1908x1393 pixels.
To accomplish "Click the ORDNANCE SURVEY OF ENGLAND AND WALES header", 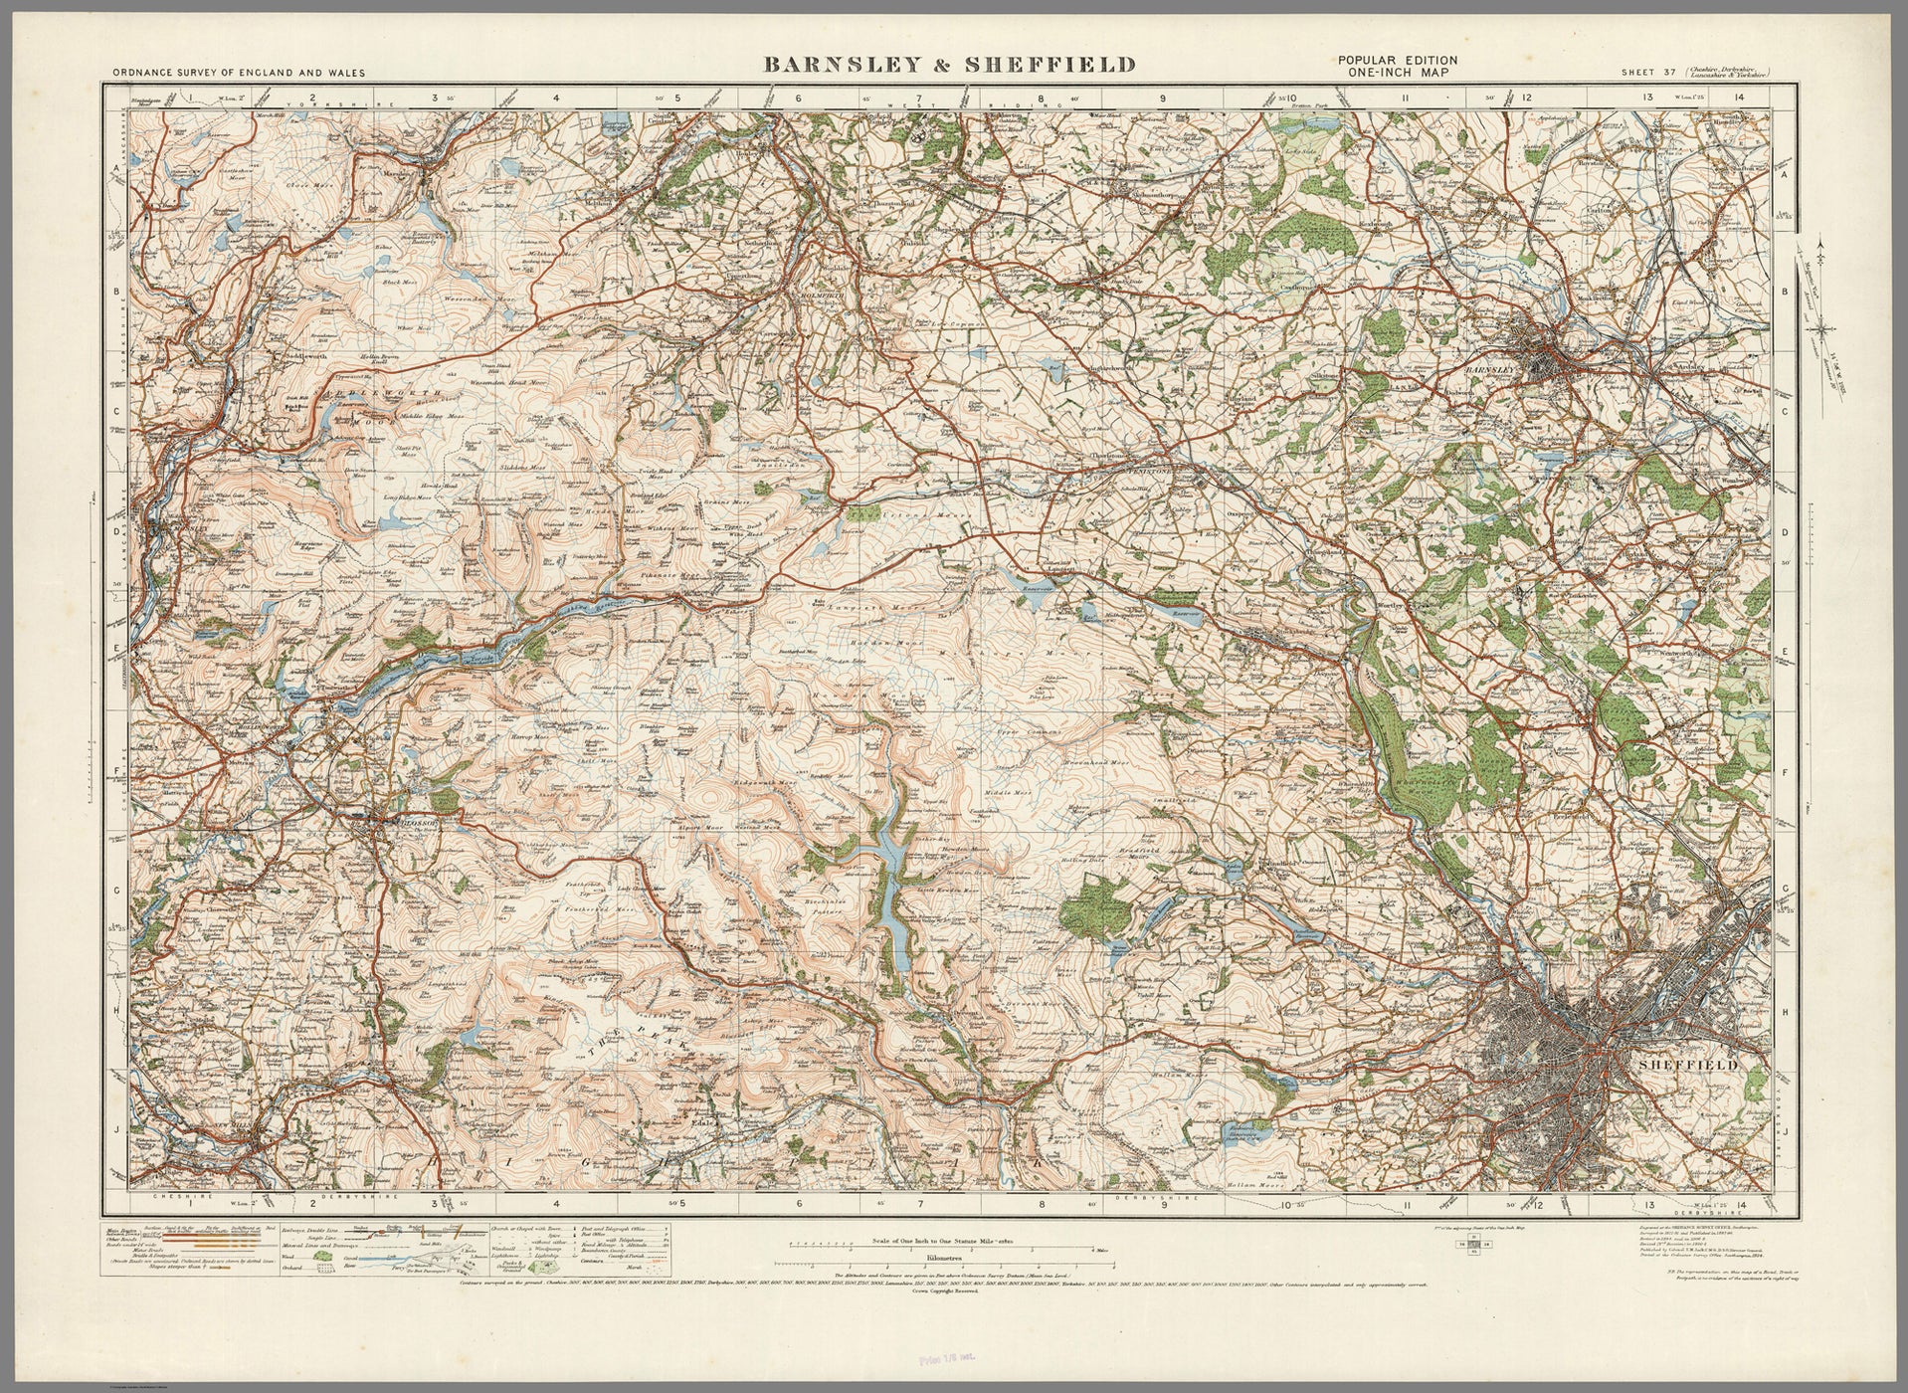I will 239,73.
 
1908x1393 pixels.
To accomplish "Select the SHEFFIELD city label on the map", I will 1688,1065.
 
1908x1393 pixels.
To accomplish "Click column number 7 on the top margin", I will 921,99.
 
